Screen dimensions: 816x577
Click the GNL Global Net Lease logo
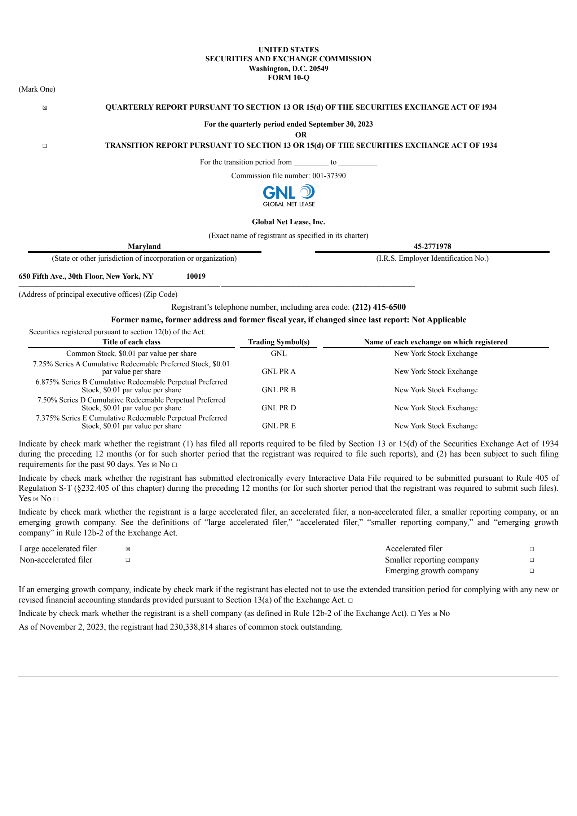[288, 196]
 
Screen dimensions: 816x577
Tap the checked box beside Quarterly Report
[45, 108]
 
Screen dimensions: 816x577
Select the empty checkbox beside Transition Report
[45, 146]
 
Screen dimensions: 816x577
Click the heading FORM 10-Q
[288, 78]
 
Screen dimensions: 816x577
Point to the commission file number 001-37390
[329, 176]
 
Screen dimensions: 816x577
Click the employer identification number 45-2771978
[432, 246]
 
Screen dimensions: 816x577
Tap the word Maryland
[144, 246]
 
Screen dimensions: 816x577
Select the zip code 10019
[196, 276]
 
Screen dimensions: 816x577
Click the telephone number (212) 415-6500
[379, 307]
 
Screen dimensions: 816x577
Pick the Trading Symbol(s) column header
[279, 342]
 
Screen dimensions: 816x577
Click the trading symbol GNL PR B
[279, 390]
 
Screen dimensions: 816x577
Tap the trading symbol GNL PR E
[279, 426]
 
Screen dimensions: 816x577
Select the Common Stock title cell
[131, 353]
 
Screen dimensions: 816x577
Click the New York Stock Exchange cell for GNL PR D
[436, 408]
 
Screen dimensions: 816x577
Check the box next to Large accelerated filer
[128, 549]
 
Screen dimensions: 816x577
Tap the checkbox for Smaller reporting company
[532, 560]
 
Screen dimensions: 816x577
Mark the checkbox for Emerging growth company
[532, 571]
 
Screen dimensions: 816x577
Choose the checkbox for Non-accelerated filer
[128, 560]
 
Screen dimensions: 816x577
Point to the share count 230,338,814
[191, 627]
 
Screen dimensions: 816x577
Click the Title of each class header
[131, 342]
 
